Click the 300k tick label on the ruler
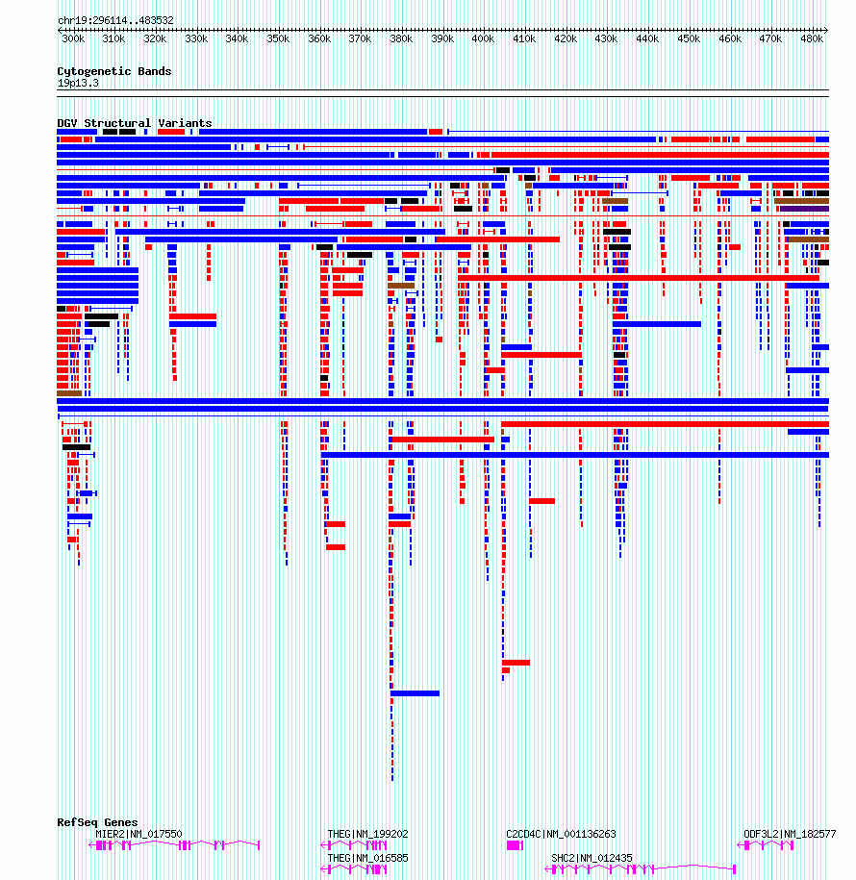click(73, 38)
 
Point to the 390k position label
click(442, 38)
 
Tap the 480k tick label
click(812, 38)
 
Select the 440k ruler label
click(647, 38)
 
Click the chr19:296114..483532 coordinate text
click(115, 21)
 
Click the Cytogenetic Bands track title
click(113, 71)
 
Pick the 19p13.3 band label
click(78, 83)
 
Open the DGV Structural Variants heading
click(134, 123)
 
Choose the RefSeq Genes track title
click(97, 822)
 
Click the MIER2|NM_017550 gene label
click(138, 834)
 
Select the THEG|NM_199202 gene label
click(367, 834)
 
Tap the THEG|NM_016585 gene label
click(367, 858)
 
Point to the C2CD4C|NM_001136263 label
click(561, 834)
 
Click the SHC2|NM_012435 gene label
click(592, 858)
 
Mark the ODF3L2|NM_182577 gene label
click(790, 834)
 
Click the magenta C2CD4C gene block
click(515, 845)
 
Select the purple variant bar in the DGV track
click(804, 209)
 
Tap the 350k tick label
click(278, 38)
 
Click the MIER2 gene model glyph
click(174, 845)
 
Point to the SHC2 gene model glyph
click(640, 869)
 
